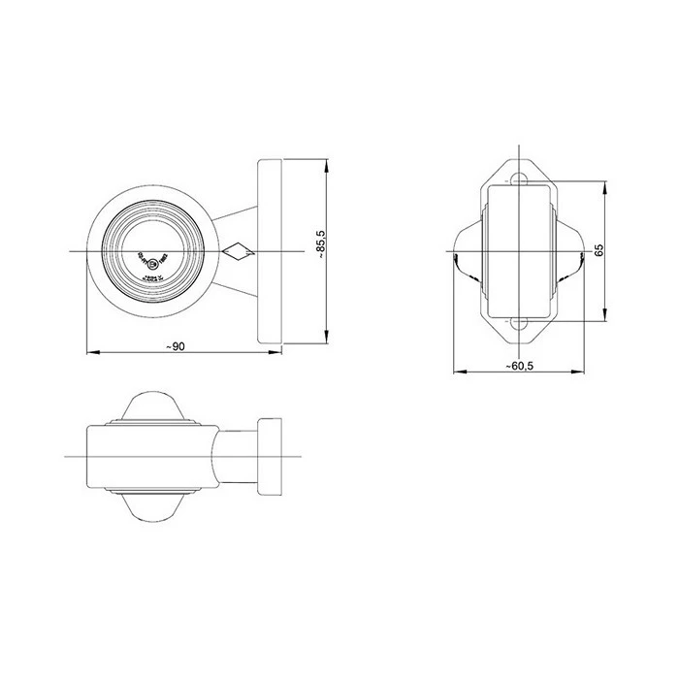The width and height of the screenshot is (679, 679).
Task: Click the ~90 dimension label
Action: (175, 347)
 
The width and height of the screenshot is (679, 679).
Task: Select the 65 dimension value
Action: (600, 250)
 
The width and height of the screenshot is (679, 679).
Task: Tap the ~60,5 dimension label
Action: (521, 367)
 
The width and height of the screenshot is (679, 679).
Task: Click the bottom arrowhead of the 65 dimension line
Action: (606, 318)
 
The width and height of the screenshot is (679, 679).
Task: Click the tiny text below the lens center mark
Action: (153, 276)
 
